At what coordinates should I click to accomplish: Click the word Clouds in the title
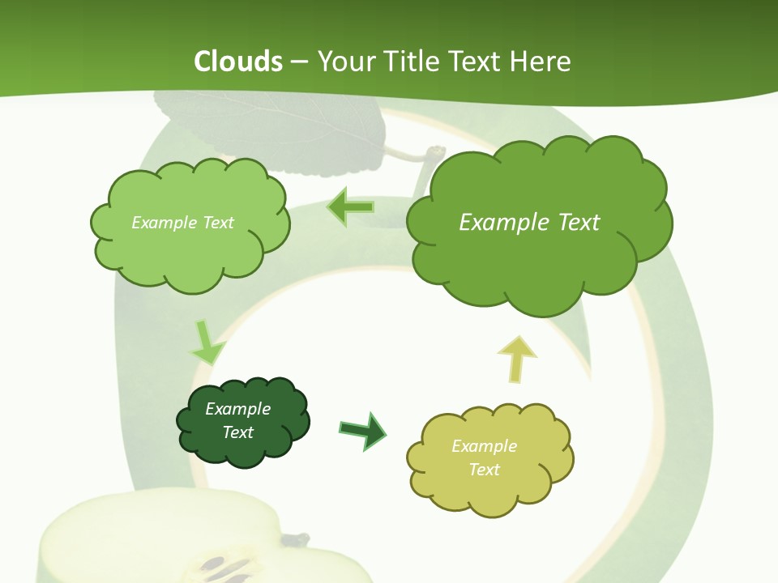[x=238, y=62]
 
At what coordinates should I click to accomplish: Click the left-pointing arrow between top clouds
[x=350, y=207]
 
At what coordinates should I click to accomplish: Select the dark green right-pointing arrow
[x=364, y=430]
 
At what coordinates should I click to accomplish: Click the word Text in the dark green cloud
[x=238, y=432]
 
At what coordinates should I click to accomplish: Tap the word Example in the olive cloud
[x=484, y=446]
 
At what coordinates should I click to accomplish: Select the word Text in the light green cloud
[x=214, y=222]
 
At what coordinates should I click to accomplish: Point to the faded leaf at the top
[x=267, y=130]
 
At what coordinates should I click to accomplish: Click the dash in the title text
[x=298, y=62]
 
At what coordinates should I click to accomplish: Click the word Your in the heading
[x=344, y=62]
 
